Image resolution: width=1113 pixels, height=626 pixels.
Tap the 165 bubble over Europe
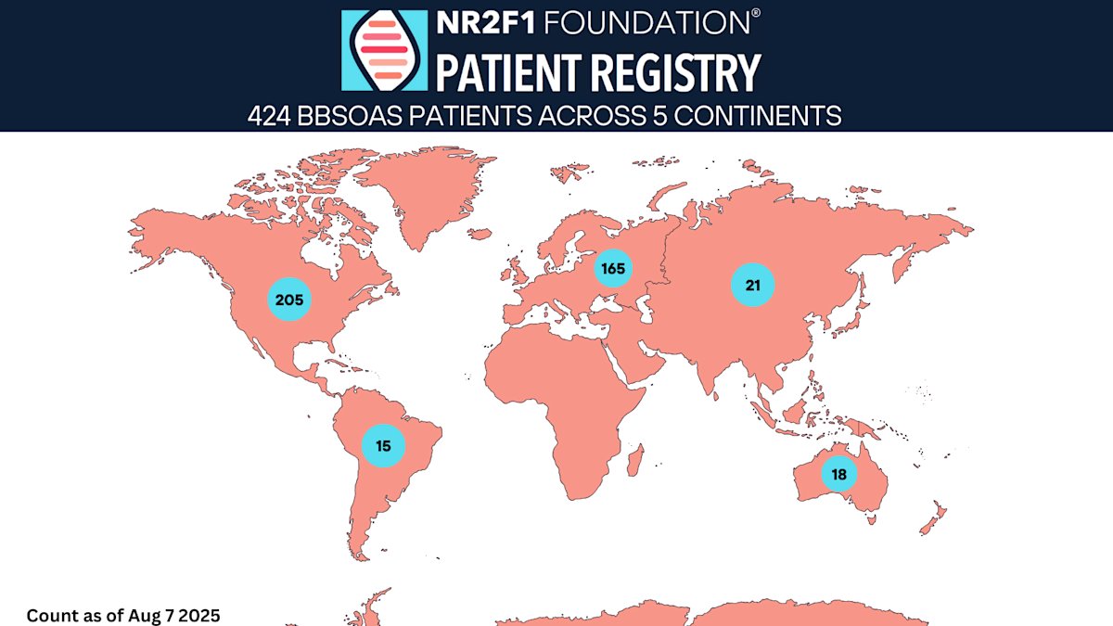tap(613, 269)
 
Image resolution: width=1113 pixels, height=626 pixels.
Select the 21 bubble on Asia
tap(752, 285)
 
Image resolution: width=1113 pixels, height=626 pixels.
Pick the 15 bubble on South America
tap(383, 446)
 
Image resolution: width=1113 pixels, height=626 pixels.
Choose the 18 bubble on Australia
tap(838, 474)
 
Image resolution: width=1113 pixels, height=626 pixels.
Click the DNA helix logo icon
tap(384, 50)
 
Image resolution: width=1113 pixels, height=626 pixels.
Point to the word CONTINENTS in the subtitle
tap(759, 116)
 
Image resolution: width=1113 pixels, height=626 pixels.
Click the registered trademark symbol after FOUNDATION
tap(756, 14)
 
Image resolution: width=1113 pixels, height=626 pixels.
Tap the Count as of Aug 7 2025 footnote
tap(123, 615)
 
